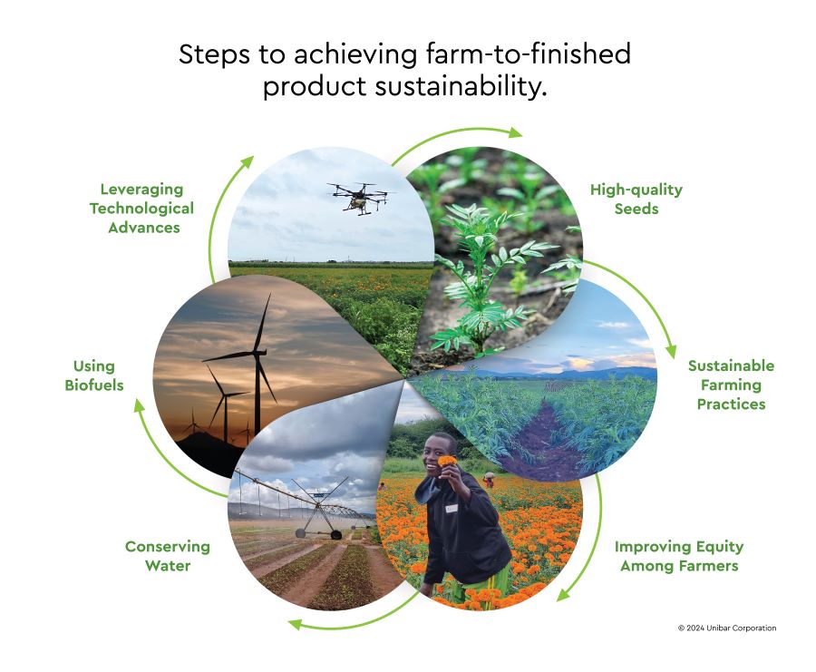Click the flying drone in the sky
tap(359, 198)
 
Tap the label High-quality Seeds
tap(636, 200)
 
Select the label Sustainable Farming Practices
tap(731, 385)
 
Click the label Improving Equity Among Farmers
tap(679, 556)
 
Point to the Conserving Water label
tap(168, 556)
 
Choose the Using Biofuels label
tap(94, 375)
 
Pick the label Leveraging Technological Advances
tap(141, 209)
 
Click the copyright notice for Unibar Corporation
tap(727, 628)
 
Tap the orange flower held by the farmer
tap(447, 461)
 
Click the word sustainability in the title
tap(461, 86)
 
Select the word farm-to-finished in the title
tap(529, 54)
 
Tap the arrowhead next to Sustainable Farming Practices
tap(671, 351)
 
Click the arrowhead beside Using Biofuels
tap(139, 406)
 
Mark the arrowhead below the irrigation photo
tap(296, 624)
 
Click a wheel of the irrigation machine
tap(300, 533)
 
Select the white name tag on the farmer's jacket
tap(452, 508)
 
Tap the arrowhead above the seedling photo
tap(515, 132)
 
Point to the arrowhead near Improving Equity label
tap(564, 594)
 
